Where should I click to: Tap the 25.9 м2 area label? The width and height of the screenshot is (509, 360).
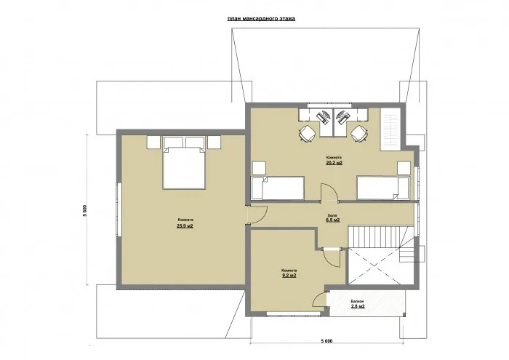coord(184,226)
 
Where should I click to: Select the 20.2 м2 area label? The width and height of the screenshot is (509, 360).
coord(334,164)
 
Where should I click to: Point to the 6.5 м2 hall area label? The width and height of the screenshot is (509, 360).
coord(334,219)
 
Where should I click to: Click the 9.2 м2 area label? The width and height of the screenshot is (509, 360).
coord(289,276)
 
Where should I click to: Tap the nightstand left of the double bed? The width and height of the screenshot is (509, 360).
coord(153,140)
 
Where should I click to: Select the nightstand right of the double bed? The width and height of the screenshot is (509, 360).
coord(214,140)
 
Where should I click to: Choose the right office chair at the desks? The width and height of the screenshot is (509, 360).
coord(358,132)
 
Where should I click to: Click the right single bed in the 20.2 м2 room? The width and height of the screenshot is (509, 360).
coord(382,188)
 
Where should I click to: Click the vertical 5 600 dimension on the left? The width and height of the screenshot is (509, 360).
coord(86,212)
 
